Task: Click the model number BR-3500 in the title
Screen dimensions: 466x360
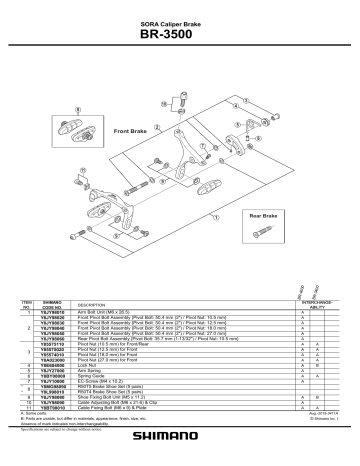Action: [x=180, y=35]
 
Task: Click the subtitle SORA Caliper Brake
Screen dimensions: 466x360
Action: [x=180, y=21]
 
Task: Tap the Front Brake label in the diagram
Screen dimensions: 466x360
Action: [x=132, y=131]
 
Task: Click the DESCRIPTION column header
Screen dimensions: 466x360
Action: [x=91, y=305]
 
